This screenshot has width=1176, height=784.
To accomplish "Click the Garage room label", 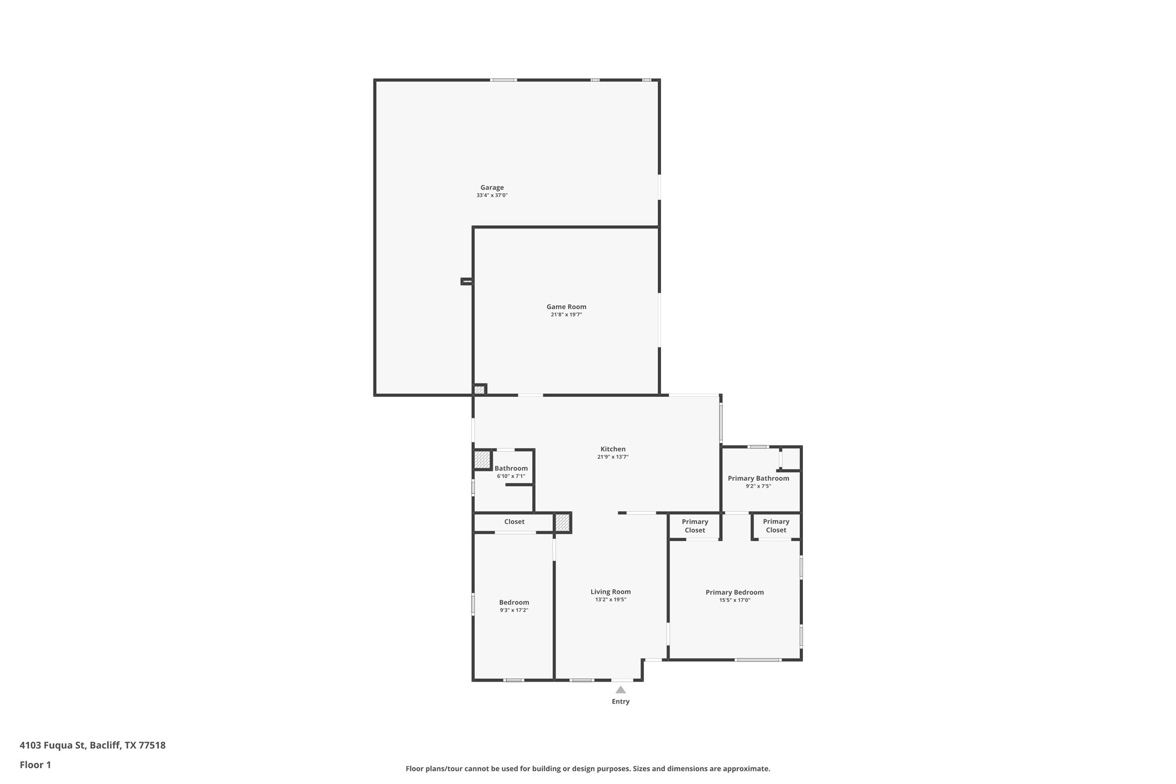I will click(492, 187).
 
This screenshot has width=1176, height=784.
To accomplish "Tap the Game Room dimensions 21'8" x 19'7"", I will click(566, 315).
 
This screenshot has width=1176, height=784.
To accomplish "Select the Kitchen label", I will click(612, 449).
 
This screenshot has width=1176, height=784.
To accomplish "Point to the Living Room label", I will click(610, 592).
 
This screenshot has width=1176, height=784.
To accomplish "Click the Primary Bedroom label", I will click(734, 592).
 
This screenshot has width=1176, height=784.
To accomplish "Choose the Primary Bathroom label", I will click(758, 478).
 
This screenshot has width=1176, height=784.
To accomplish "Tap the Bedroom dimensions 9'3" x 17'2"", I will click(514, 610).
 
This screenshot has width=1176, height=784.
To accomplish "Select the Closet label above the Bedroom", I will click(514, 522).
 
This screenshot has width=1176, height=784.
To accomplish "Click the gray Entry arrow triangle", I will click(620, 690).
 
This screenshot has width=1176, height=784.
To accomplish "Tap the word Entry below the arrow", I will click(620, 702).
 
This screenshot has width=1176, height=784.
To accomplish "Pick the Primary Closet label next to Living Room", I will click(695, 526).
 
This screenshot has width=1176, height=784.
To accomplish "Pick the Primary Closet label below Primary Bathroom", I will click(776, 526).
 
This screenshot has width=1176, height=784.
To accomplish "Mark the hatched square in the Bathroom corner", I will click(482, 460).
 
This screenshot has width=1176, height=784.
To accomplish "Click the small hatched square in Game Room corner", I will click(479, 390).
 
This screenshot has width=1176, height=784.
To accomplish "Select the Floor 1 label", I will click(35, 765).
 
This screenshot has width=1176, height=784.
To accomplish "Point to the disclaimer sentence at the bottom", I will click(587, 769).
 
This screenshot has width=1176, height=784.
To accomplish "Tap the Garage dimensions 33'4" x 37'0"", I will click(492, 195).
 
